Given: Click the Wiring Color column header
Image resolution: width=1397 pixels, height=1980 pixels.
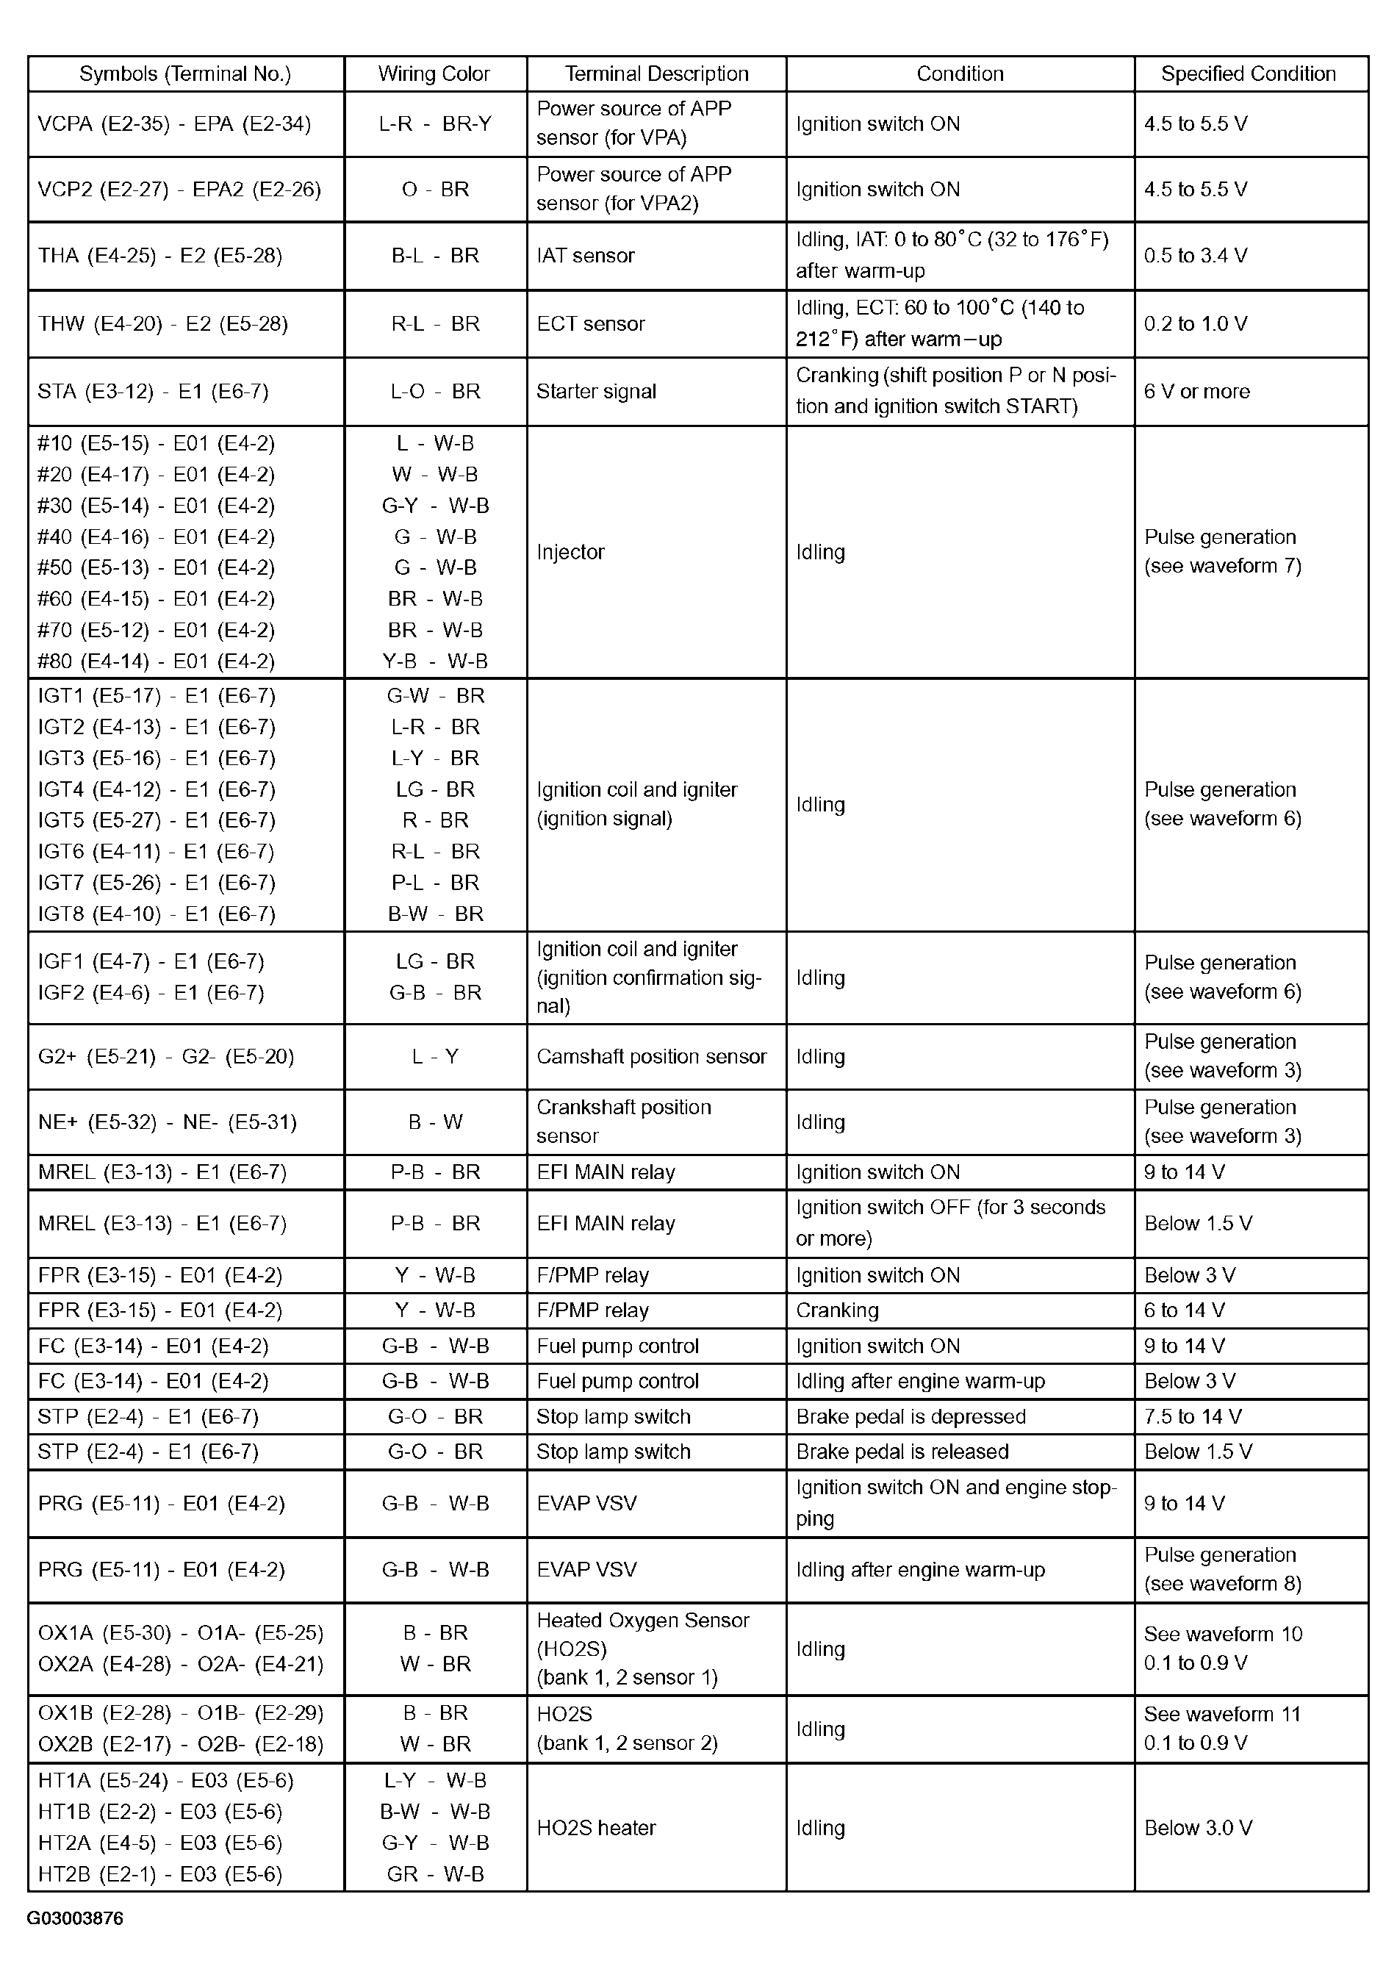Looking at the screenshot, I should pos(434,74).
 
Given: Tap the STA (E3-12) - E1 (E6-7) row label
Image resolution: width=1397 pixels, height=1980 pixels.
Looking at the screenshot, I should pos(154,392).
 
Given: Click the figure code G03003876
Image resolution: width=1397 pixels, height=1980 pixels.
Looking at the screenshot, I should pos(75,1918).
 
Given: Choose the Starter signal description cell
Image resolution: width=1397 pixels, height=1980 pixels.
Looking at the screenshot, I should pos(596,392).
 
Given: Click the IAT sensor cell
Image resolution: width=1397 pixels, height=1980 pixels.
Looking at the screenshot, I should pos(586,255).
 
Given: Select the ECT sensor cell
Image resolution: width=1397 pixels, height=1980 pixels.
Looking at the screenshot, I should pos(591,324).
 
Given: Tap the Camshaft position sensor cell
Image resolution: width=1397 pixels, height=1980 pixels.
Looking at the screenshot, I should pos(651,1056).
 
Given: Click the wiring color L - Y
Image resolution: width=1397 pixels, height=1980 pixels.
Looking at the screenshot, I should pos(434,1056).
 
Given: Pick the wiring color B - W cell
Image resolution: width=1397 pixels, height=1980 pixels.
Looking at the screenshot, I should pos(434,1122).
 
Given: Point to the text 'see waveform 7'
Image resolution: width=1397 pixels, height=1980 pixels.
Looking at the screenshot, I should pos(1222,567).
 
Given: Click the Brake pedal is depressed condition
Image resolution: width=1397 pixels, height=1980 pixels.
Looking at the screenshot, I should pos(911,1417).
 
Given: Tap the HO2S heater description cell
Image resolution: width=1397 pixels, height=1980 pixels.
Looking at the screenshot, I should pos(596,1828).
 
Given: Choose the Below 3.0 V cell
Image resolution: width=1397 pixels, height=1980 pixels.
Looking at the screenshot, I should pos(1198,1828).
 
